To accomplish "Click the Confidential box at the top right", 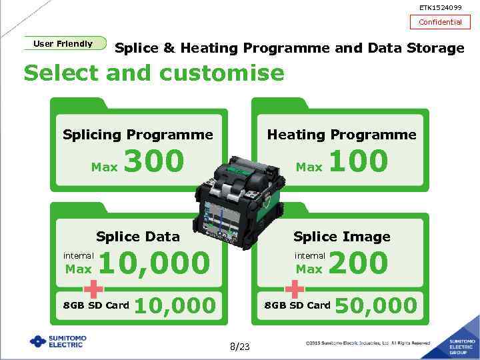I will [440, 22].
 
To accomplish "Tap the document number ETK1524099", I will [440, 7].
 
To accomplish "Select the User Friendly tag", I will [64, 43].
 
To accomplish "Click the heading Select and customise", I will [153, 72].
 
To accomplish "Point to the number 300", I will [154, 161].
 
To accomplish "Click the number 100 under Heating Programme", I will [358, 161].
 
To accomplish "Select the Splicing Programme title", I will [138, 135].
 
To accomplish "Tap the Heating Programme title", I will [341, 135].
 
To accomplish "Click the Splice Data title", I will [138, 237].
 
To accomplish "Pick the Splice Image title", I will [342, 237].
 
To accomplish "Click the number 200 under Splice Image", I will [358, 263].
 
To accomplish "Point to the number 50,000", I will [376, 306].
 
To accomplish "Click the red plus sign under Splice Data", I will [94, 289].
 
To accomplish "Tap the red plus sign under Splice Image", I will [294, 289].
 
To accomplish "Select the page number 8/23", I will [239, 347].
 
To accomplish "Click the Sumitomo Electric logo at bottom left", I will [58, 341].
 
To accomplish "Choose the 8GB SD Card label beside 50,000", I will [297, 305].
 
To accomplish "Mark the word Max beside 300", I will [104, 167].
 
